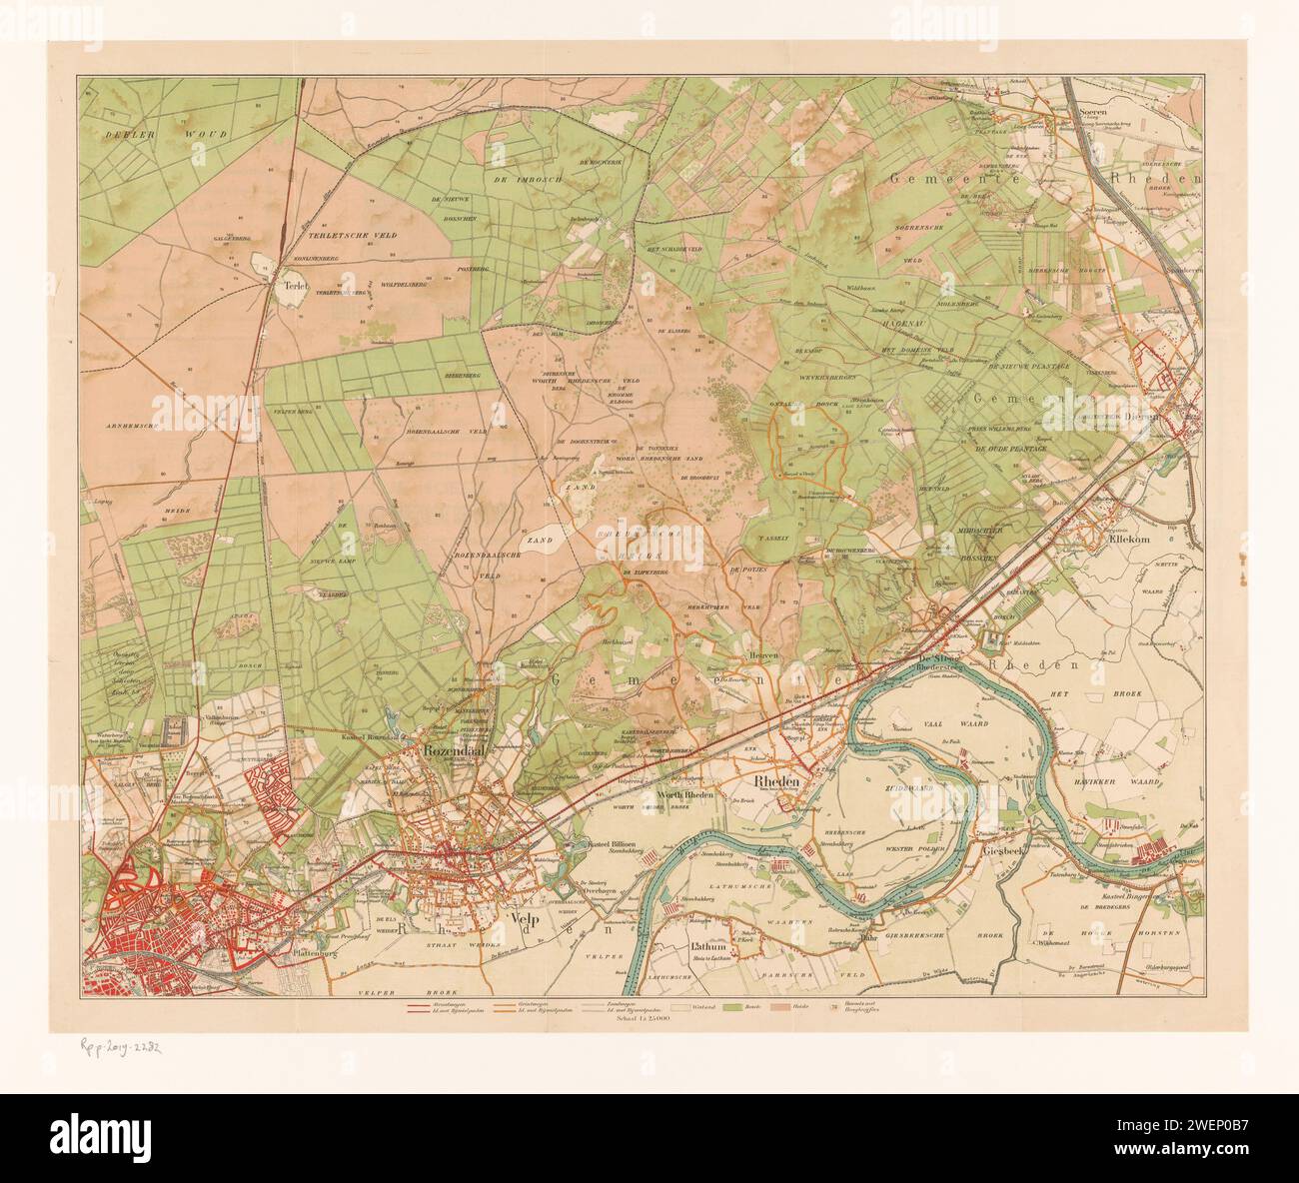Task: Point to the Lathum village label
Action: click(x=706, y=944)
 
